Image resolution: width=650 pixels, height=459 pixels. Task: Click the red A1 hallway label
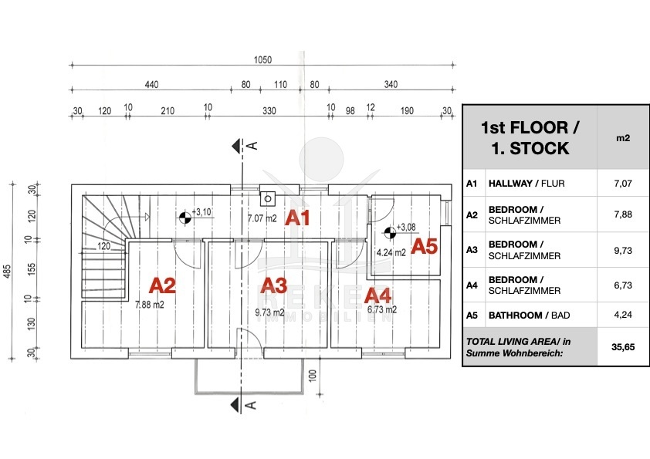pyautogui.click(x=298, y=218)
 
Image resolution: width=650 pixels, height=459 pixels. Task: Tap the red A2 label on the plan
pyautogui.click(x=162, y=285)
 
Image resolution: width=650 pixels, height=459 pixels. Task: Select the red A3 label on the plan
pyautogui.click(x=274, y=285)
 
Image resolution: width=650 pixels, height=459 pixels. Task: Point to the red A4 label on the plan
pyautogui.click(x=378, y=295)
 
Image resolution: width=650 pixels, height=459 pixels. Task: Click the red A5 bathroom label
pyautogui.click(x=424, y=246)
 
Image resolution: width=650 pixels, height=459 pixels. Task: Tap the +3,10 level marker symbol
pyautogui.click(x=185, y=218)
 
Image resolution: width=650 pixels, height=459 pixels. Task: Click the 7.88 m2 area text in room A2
pyautogui.click(x=150, y=304)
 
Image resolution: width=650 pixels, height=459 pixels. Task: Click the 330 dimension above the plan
pyautogui.click(x=269, y=111)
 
